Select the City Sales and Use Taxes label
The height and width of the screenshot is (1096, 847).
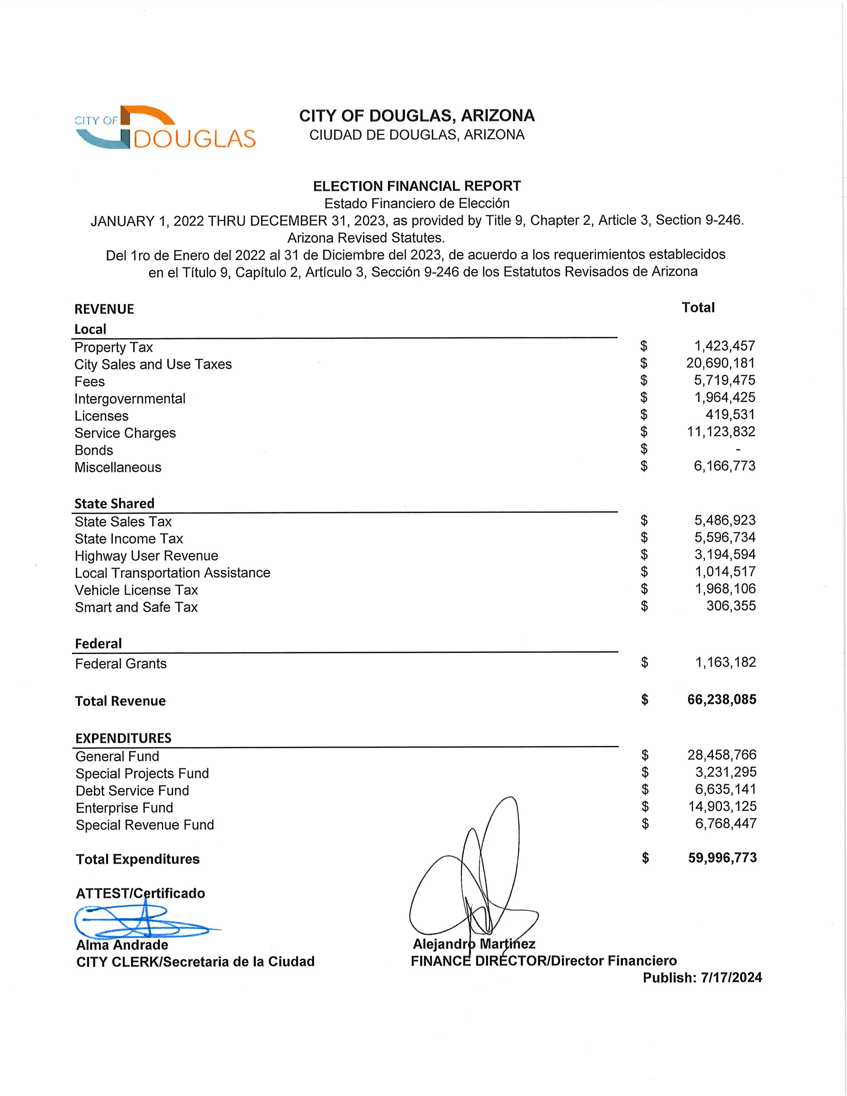153,364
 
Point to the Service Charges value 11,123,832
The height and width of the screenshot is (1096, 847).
721,432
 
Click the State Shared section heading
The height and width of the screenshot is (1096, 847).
114,503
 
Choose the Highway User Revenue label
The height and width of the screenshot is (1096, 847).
147,556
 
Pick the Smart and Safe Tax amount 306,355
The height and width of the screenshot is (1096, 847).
731,606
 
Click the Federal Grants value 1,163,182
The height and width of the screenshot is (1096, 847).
725,662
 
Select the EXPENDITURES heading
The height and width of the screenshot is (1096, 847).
124,738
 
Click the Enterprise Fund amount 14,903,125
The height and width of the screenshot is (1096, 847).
722,806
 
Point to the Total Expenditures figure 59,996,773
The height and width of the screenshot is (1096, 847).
722,858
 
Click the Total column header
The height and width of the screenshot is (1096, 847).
698,308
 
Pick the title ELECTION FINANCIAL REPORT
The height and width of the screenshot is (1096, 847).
417,186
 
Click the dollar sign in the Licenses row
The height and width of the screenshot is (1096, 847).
644,414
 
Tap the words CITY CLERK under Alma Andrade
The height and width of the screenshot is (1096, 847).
118,962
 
